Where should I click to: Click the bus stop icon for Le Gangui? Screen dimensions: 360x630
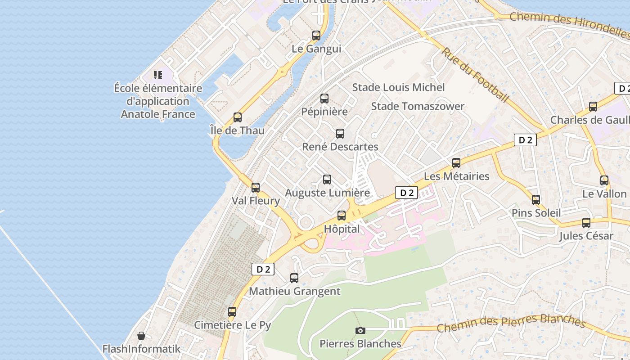coord(316,36)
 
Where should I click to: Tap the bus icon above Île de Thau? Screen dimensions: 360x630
coord(238,117)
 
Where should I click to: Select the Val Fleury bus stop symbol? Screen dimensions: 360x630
coord(256,187)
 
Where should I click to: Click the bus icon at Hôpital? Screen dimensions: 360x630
coord(342,216)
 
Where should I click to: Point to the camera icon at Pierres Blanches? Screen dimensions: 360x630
coord(360,331)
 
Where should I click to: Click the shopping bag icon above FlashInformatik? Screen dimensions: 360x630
coord(141,336)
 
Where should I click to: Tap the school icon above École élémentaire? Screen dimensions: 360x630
coord(157,75)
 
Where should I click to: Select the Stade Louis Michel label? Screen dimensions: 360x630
coord(398,87)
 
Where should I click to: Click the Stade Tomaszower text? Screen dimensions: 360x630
coord(417,106)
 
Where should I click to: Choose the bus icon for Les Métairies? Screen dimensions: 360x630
coord(456,163)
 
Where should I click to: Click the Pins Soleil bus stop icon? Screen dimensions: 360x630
coord(536,200)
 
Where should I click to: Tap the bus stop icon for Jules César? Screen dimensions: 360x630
coord(586,223)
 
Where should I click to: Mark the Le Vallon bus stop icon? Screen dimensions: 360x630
coord(604,180)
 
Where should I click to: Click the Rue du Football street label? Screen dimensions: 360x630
coord(475,74)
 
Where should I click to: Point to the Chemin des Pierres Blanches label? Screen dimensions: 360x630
coord(511,323)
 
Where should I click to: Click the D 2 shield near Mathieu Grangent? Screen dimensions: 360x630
coord(263,269)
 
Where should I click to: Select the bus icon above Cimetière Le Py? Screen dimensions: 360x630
coord(232,311)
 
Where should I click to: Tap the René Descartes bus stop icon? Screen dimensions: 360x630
coord(340,134)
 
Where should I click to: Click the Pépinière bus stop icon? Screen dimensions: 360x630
coord(324,99)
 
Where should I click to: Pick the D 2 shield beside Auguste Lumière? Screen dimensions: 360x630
coord(406,193)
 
